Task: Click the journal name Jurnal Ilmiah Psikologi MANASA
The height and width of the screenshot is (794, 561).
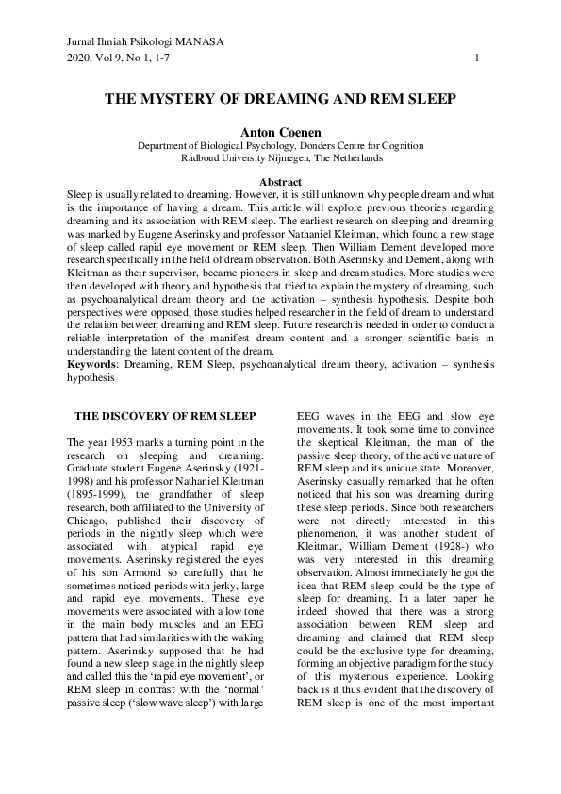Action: [146, 43]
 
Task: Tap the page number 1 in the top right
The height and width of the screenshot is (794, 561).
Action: [478, 58]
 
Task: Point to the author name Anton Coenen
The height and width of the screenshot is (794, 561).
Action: [280, 133]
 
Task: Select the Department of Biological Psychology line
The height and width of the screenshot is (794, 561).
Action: [280, 146]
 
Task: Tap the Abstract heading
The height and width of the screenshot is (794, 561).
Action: [280, 181]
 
